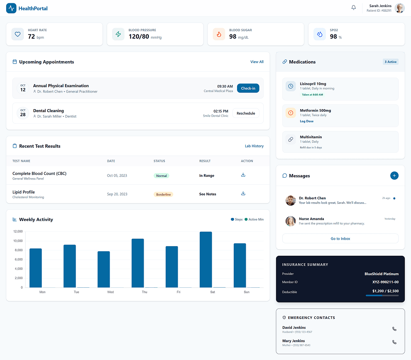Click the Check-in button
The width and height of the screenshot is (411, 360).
(248, 88)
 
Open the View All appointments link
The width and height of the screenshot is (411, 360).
(257, 62)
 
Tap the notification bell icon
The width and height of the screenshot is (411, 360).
(354, 7)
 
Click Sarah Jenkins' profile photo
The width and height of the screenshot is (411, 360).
(399, 8)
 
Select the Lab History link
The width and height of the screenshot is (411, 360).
(254, 146)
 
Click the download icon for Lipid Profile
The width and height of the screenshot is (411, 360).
(243, 193)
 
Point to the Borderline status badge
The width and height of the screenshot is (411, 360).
(163, 194)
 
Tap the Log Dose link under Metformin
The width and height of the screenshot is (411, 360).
(307, 121)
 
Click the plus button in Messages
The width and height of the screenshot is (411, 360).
(394, 176)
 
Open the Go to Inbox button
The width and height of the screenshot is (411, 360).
(340, 239)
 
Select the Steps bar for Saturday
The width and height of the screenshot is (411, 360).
(206, 260)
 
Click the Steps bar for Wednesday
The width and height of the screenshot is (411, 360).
(104, 269)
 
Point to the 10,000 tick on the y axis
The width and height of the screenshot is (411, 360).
(18, 241)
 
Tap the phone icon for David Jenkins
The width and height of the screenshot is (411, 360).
(394, 329)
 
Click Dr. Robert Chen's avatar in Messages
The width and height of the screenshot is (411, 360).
(291, 201)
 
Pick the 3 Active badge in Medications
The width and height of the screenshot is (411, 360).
(391, 62)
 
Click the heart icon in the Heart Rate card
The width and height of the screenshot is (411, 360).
(17, 34)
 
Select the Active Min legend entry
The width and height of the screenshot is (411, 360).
(254, 220)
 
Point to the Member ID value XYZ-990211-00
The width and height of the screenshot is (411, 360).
(385, 282)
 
